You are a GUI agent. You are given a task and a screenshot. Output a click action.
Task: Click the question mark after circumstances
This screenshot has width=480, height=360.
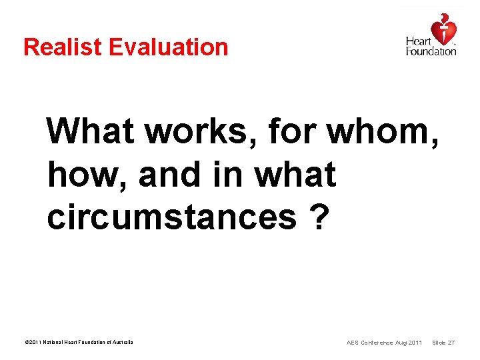click(x=319, y=217)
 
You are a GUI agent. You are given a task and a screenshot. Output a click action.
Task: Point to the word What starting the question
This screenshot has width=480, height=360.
click(x=91, y=131)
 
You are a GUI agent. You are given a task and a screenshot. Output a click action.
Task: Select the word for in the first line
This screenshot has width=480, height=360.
click(x=293, y=131)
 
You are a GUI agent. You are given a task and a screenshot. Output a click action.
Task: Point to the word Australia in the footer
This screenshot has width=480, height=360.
click(x=121, y=343)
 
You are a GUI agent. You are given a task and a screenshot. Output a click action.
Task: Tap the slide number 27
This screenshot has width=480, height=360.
click(x=451, y=343)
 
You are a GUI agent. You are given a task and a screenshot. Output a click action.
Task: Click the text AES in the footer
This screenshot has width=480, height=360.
click(x=353, y=343)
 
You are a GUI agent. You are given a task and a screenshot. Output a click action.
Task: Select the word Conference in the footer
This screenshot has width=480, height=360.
click(x=378, y=343)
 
